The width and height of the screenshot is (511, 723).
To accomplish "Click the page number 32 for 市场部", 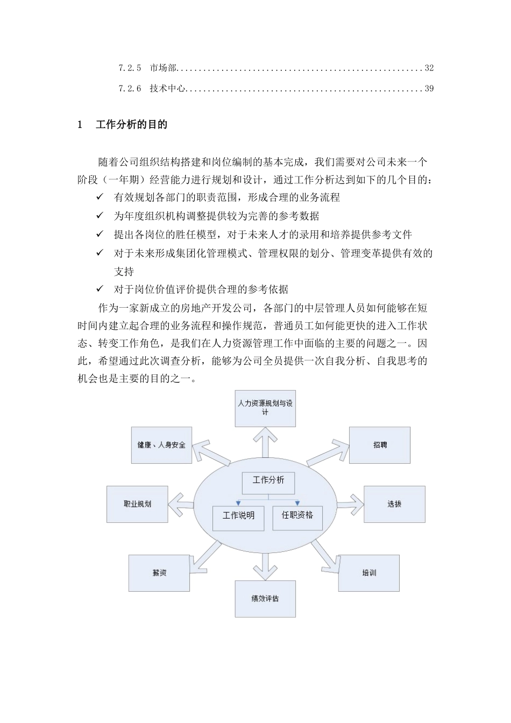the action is coord(429,68).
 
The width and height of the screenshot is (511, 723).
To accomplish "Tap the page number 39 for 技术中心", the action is coord(429,89).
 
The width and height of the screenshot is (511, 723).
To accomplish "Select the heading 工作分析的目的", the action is coord(131,125).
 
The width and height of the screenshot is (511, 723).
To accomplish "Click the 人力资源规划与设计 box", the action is coord(265,408).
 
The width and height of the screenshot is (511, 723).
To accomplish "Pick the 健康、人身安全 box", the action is coord(161,445).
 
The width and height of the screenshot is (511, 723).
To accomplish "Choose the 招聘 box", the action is coord(380,445).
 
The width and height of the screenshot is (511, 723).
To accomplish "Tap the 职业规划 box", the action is coord(137,505).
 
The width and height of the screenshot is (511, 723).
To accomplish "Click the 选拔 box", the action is coord(394,505).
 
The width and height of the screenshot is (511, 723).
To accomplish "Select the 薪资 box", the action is coord(159,573).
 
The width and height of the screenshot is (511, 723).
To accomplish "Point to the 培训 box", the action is coord(369,573).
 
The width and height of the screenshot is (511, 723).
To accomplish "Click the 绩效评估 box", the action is coord(265,599).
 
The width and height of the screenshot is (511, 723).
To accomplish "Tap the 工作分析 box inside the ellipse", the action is coord(268,481).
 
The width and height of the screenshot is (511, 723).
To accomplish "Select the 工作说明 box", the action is coord(239,516).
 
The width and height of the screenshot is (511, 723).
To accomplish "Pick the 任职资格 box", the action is coord(297,516).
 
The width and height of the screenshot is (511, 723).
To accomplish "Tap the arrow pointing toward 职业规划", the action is coord(181,505).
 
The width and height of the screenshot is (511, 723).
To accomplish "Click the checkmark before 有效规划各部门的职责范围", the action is coord(100,197).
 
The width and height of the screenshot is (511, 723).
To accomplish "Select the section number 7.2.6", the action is coord(130,89).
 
